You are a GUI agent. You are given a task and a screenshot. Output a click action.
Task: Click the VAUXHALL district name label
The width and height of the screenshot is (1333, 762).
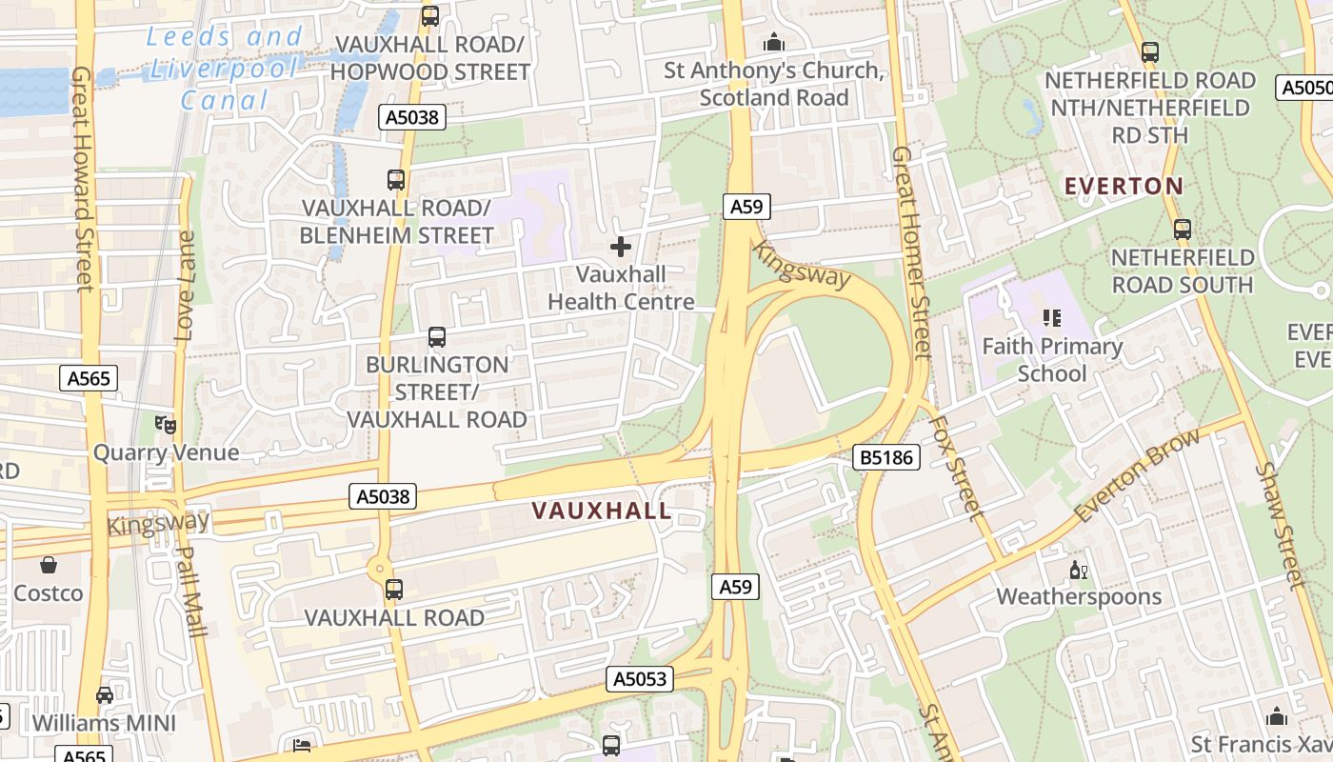point(602,511)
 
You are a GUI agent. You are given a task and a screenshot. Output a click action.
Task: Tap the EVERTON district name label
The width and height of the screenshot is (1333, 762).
point(1124,186)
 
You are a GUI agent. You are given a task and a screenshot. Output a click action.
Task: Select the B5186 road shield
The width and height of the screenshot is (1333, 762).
point(885,457)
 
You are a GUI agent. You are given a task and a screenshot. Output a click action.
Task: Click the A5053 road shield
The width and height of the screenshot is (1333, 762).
point(640,679)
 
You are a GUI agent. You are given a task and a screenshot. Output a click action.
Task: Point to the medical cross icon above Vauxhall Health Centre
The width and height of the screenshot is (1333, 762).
point(621,248)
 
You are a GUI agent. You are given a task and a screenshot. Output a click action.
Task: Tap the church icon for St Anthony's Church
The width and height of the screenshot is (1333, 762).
point(774,43)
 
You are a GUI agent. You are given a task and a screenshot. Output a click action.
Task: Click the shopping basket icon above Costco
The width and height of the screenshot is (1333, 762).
point(48,565)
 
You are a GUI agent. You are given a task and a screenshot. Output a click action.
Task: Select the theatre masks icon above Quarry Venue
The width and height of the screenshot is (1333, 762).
point(166,423)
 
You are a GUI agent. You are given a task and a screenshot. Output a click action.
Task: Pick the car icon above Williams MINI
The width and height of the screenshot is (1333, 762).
point(105,694)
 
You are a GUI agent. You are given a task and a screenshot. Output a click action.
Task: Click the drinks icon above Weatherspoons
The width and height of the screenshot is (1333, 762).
point(1079,570)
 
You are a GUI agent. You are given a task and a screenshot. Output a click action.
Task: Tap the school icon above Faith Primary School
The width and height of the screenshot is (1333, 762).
point(1052,317)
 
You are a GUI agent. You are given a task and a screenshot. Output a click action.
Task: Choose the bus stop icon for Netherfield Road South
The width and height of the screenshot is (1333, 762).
point(1182,230)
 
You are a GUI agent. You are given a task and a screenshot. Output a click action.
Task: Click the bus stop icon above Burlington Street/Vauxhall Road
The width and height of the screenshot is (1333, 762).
point(436,336)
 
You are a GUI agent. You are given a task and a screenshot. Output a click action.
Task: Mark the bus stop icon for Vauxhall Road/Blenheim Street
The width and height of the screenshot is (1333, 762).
point(395,179)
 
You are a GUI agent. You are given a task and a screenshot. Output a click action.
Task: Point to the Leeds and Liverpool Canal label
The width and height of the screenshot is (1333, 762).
point(225,69)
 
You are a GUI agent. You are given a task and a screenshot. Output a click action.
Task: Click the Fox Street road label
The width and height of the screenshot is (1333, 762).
point(955,467)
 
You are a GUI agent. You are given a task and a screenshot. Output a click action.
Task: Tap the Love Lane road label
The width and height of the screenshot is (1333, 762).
point(186,286)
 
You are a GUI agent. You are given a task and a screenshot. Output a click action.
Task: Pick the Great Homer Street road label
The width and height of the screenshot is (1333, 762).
point(910,252)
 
